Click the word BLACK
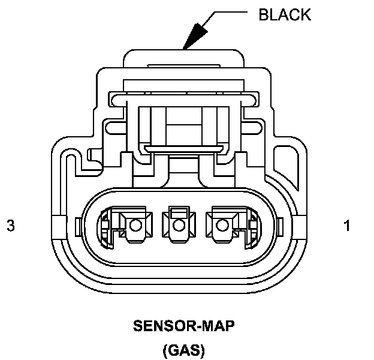[285, 15]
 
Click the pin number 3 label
[11, 226]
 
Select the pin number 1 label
[347, 226]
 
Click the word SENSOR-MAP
[183, 326]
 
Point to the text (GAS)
[183, 350]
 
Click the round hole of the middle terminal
[179, 225]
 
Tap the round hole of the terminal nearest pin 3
[135, 225]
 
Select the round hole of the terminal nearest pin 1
[222, 225]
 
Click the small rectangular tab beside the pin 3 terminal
[79, 227]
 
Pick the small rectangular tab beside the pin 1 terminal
[280, 227]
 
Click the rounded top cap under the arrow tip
[183, 58]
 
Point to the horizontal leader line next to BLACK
[230, 11]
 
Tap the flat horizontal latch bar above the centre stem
[183, 148]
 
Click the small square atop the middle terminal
[179, 212]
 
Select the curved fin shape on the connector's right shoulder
[286, 165]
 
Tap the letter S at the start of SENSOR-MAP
[138, 326]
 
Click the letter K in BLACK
[305, 15]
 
